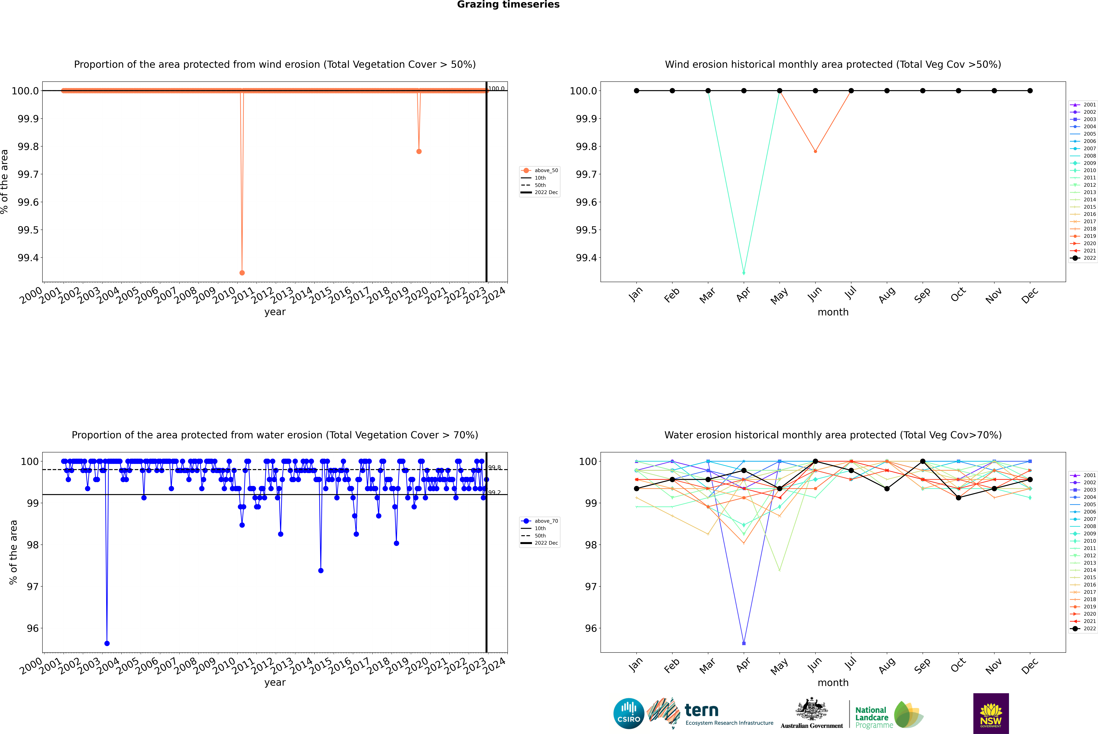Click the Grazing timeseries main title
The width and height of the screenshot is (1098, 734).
point(508,5)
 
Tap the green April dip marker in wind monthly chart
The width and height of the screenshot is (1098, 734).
point(744,272)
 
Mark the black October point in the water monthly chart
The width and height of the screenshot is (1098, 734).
point(958,498)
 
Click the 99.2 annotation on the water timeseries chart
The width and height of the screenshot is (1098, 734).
point(494,492)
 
